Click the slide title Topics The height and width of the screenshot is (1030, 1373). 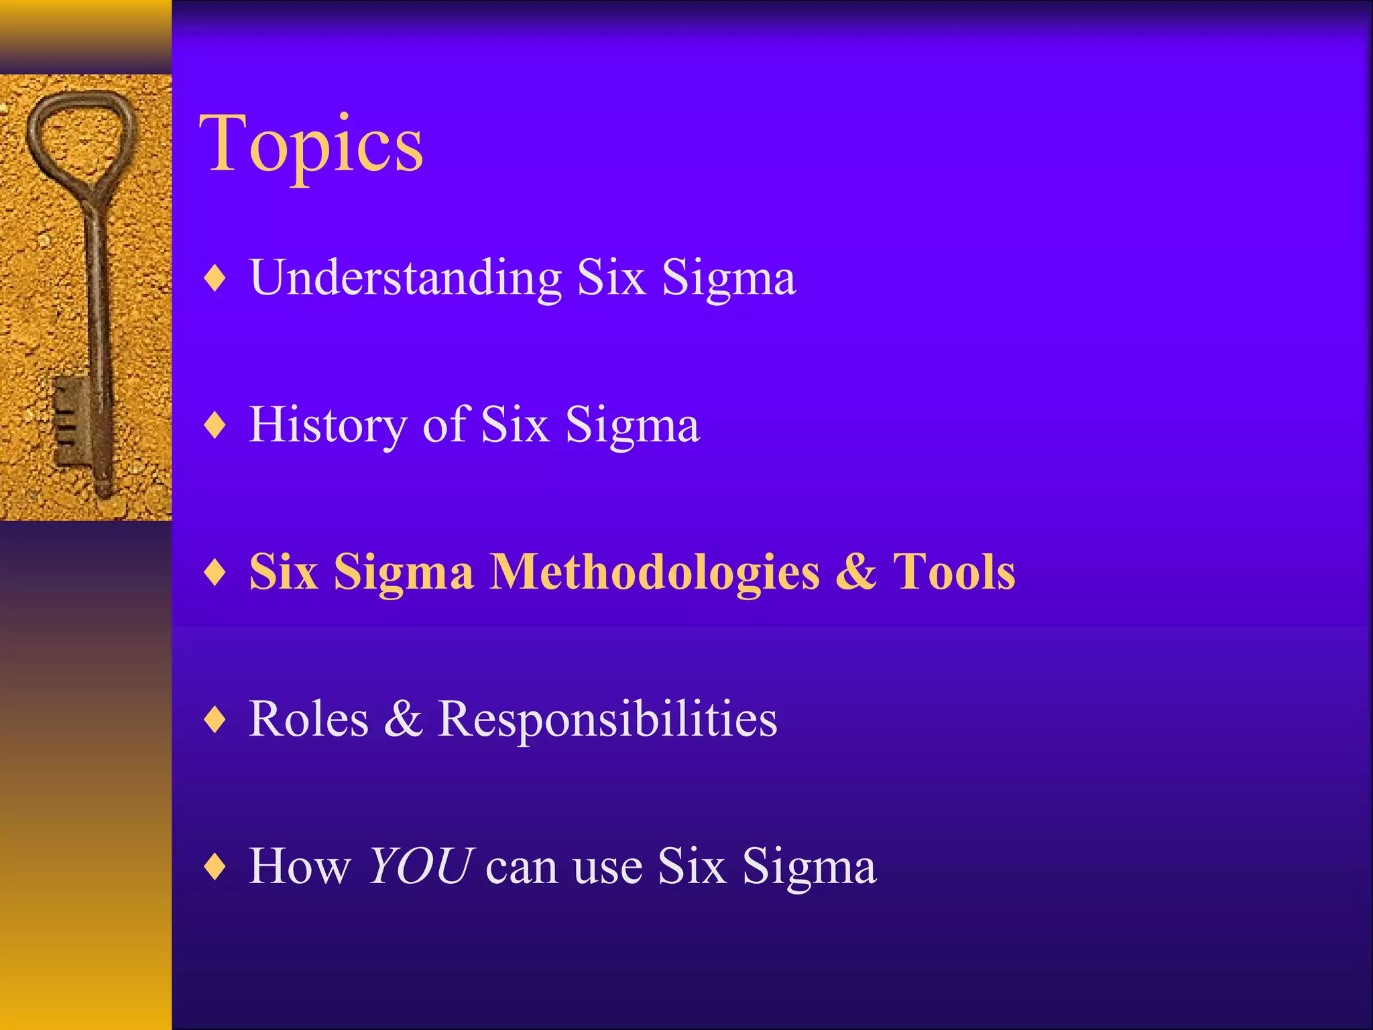tap(310, 144)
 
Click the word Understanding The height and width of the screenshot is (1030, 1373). tap(405, 277)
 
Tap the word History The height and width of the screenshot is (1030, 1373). tap(326, 425)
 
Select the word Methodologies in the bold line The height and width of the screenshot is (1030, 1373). tap(654, 572)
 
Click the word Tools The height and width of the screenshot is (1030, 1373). tap(953, 572)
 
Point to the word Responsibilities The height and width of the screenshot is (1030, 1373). tap(607, 719)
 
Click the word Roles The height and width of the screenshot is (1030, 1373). tap(308, 719)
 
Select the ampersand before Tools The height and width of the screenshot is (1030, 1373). tap(855, 572)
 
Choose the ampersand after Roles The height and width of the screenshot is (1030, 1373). tap(403, 719)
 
